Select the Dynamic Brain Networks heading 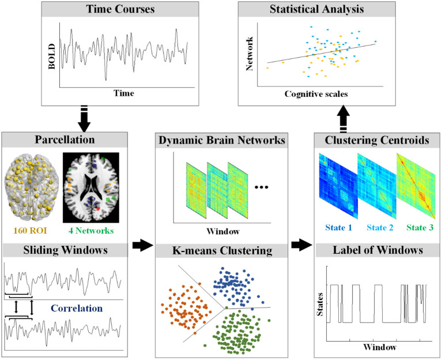230,141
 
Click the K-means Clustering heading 230,252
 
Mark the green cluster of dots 238,330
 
